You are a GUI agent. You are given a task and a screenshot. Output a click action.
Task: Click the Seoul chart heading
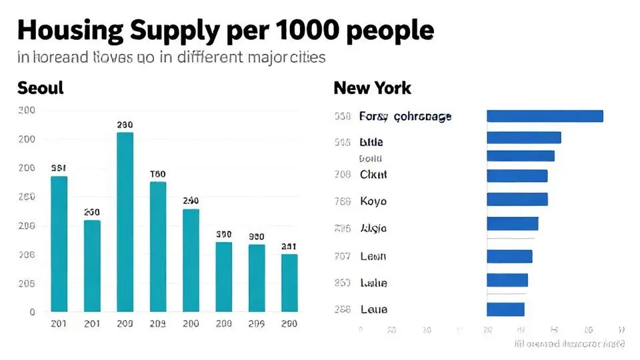tap(40, 88)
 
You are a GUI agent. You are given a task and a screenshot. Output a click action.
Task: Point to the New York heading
tap(372, 88)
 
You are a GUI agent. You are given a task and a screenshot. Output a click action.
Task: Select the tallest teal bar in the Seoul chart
tap(125, 221)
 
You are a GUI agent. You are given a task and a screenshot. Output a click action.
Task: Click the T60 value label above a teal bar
tap(158, 174)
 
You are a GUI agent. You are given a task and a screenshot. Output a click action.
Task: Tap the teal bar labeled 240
tap(191, 260)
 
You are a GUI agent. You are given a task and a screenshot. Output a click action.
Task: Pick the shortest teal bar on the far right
tap(289, 283)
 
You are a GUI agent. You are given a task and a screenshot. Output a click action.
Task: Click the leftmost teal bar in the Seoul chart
tap(59, 243)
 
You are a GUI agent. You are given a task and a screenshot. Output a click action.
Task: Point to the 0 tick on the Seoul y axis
tap(31, 311)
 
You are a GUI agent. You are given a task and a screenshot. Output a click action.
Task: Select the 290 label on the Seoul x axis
tap(289, 323)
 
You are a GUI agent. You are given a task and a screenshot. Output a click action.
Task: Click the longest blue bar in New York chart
tap(545, 116)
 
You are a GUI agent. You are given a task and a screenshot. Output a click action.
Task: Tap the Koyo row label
tap(373, 201)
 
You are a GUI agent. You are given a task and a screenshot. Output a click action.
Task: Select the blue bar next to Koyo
tap(517, 199)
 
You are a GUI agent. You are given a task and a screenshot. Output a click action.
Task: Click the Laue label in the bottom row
tap(373, 309)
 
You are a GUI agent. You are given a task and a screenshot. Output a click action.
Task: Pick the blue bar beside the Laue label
tap(505, 309)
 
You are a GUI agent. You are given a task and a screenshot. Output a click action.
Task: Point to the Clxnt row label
tap(373, 175)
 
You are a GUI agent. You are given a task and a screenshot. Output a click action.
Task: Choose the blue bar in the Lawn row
tap(509, 256)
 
